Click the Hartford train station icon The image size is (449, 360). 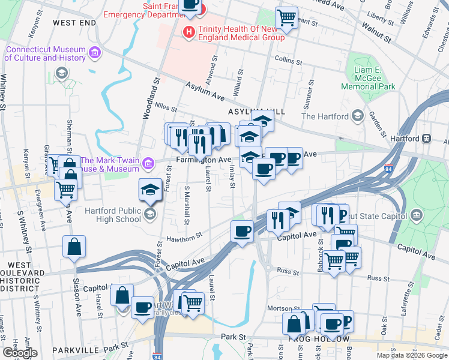pos(427,138)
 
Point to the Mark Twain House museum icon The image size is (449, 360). pos(151,161)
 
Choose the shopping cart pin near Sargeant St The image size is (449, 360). pos(287,18)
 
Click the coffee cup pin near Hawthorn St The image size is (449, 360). pos(242,231)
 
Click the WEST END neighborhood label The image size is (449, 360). pos(74,23)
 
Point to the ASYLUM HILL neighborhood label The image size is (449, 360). pos(255,112)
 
